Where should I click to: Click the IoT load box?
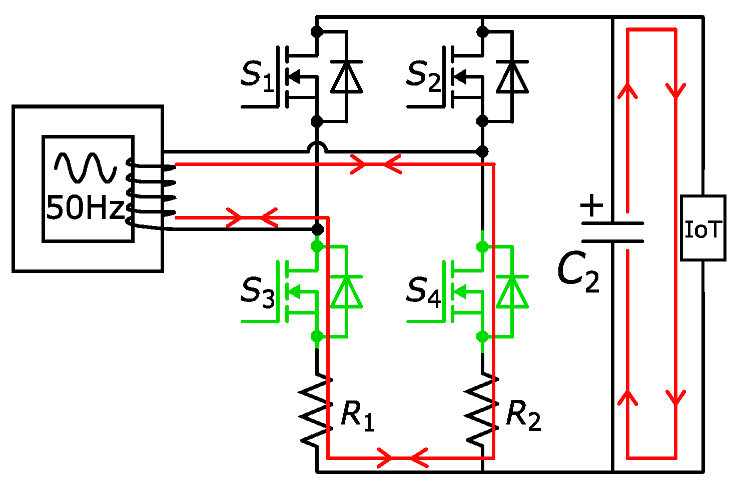coord(702,228)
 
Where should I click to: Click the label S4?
coord(423,291)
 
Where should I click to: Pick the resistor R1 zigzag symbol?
coord(315,410)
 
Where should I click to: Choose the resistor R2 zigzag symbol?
coord(481,410)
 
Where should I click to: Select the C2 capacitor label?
coord(578,272)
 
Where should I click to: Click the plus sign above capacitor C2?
coord(592,205)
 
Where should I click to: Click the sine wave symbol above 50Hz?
coord(86,167)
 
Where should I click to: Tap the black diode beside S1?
coord(346,77)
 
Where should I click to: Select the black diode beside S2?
coord(512,77)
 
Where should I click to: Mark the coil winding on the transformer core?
coord(150,192)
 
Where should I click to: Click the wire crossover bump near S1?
coord(316,147)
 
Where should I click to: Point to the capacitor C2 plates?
coord(612,232)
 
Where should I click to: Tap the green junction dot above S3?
coord(317,246)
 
